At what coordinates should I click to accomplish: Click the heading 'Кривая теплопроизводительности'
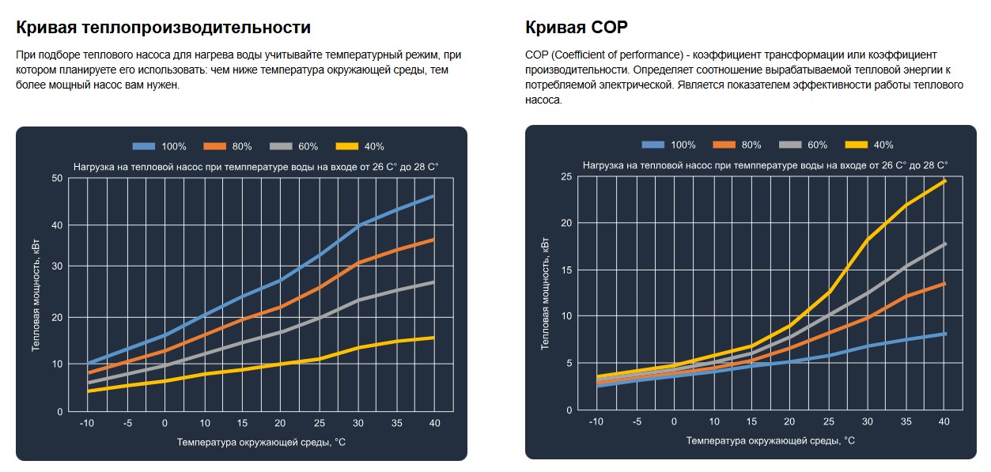pyautogui.click(x=163, y=28)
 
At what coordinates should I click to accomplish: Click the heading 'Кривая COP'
pyautogui.click(x=576, y=28)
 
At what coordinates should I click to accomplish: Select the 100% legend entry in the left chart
pyautogui.click(x=159, y=146)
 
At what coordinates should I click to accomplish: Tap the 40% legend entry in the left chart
pyautogui.click(x=359, y=146)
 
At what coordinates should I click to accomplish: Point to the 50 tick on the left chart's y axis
pyautogui.click(x=56, y=178)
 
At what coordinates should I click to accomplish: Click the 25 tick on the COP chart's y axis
pyautogui.click(x=565, y=176)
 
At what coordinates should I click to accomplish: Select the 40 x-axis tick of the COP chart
pyautogui.click(x=944, y=421)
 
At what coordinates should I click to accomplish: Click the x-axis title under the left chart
pyautogui.click(x=262, y=441)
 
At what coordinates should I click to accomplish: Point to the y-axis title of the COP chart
pyautogui.click(x=545, y=293)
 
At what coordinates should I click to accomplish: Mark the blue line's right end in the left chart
pyautogui.click(x=433, y=196)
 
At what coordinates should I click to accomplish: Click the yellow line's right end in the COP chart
pyautogui.click(x=944, y=181)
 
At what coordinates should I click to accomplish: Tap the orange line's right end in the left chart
pyautogui.click(x=433, y=239)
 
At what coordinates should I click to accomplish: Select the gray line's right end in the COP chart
pyautogui.click(x=944, y=244)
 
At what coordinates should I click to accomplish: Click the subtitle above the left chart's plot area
pyautogui.click(x=255, y=167)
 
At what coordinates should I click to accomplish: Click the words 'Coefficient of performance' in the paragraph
pyautogui.click(x=617, y=55)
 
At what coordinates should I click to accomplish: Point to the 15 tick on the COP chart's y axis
pyautogui.click(x=565, y=269)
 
